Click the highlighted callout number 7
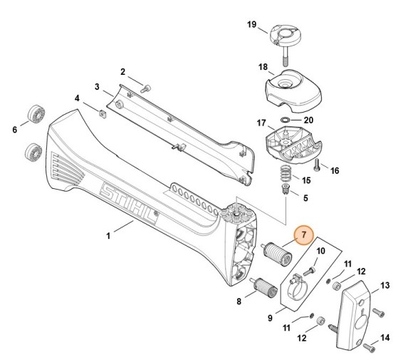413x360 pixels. pyautogui.click(x=304, y=235)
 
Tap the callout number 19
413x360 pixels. pyautogui.click(x=252, y=24)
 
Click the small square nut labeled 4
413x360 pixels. pyautogui.click(x=103, y=113)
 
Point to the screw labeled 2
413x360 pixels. pyautogui.click(x=145, y=88)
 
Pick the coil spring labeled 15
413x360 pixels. pyautogui.click(x=284, y=173)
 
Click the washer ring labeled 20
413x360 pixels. pyautogui.click(x=284, y=120)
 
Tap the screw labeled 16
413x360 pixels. pyautogui.click(x=317, y=165)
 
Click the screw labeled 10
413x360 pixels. pyautogui.click(x=310, y=271)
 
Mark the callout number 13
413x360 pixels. pyautogui.click(x=385, y=285)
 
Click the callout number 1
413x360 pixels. pyautogui.click(x=108, y=235)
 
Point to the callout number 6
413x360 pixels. pyautogui.click(x=15, y=130)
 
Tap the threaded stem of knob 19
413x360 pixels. pyautogui.click(x=286, y=56)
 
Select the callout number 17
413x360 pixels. pyautogui.click(x=261, y=123)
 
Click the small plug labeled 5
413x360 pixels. pyautogui.click(x=285, y=190)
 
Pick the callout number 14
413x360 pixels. pyautogui.click(x=385, y=338)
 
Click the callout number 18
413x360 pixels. pyautogui.click(x=263, y=67)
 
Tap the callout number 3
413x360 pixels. pyautogui.click(x=97, y=86)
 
